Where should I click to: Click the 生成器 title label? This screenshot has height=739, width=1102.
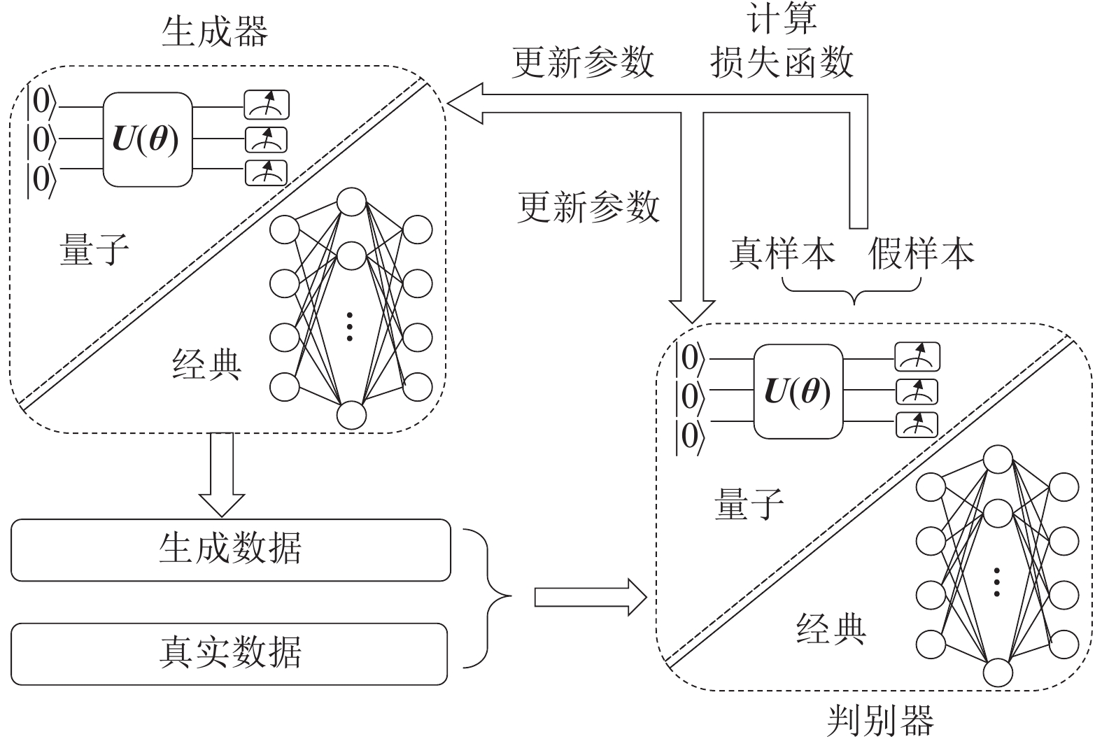pyautogui.click(x=214, y=31)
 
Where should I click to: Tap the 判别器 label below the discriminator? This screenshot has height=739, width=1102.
pyautogui.click(x=880, y=720)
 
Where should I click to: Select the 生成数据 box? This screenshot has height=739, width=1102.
pyautogui.click(x=230, y=549)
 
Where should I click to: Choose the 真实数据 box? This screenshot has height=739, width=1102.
pyautogui.click(x=229, y=653)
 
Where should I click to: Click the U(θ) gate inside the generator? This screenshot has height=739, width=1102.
pyautogui.click(x=147, y=139)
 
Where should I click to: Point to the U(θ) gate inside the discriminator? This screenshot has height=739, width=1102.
pyautogui.click(x=798, y=391)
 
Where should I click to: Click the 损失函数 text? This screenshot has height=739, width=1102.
pyautogui.click(x=782, y=62)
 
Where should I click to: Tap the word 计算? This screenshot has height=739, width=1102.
pyautogui.click(x=782, y=20)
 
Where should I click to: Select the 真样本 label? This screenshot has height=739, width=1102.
pyautogui.click(x=782, y=253)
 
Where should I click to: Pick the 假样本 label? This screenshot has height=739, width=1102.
pyautogui.click(x=921, y=253)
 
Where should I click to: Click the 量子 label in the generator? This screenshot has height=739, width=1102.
pyautogui.click(x=94, y=249)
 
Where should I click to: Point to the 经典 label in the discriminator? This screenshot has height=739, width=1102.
pyautogui.click(x=831, y=628)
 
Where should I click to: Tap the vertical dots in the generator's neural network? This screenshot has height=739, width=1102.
pyautogui.click(x=351, y=326)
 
